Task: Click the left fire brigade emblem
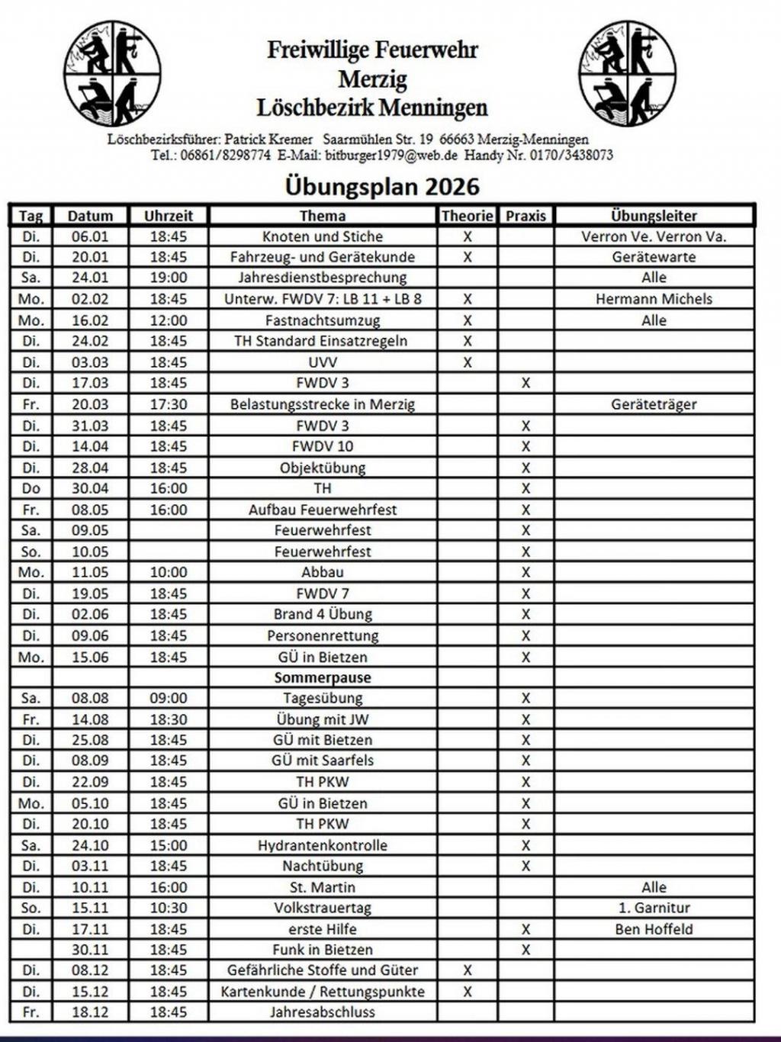click(112, 73)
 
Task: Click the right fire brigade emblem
click(627, 73)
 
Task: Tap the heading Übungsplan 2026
click(382, 187)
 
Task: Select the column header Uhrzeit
click(169, 216)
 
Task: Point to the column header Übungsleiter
click(654, 216)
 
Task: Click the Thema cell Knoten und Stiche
click(323, 236)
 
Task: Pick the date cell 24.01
click(90, 278)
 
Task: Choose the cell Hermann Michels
click(654, 299)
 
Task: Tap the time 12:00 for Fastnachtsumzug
click(169, 320)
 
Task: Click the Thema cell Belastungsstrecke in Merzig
click(323, 404)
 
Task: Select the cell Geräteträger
click(654, 404)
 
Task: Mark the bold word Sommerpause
click(323, 677)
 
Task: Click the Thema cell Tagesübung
click(323, 698)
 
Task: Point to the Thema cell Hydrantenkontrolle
click(323, 845)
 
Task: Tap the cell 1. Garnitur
click(654, 908)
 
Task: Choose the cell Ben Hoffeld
click(654, 929)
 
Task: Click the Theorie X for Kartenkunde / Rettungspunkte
click(468, 992)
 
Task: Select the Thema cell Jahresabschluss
click(323, 1012)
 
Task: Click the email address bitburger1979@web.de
click(391, 155)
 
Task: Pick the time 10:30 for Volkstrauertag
click(169, 908)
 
